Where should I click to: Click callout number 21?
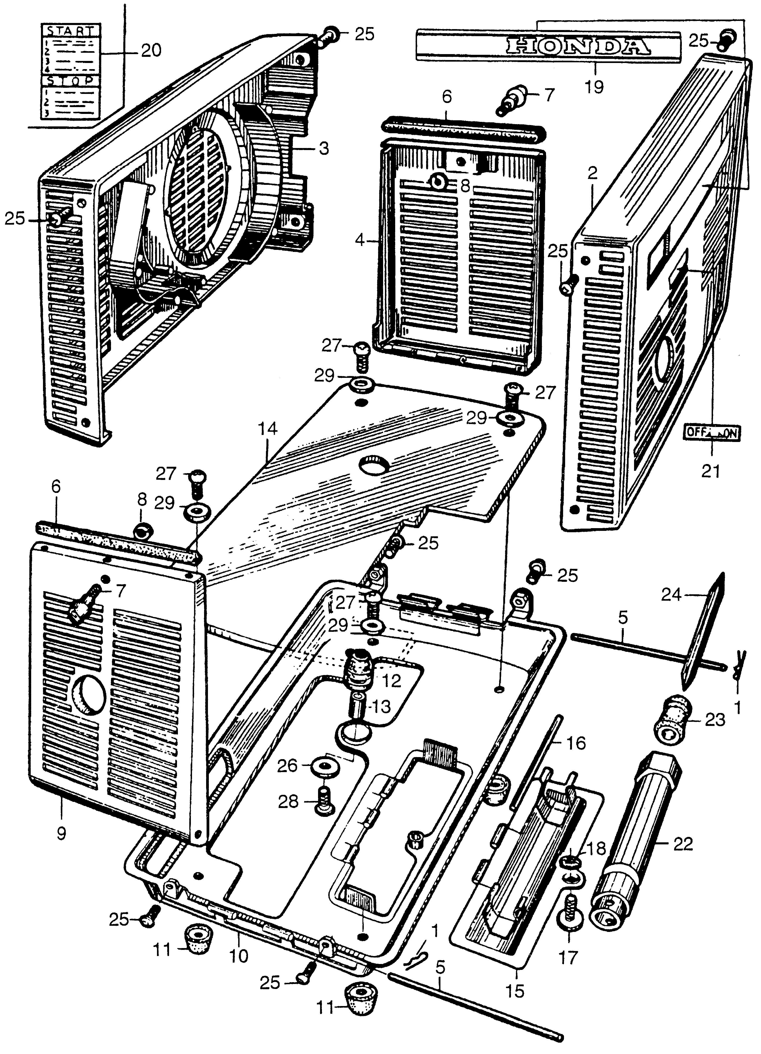711,471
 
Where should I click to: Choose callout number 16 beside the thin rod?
576,744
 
